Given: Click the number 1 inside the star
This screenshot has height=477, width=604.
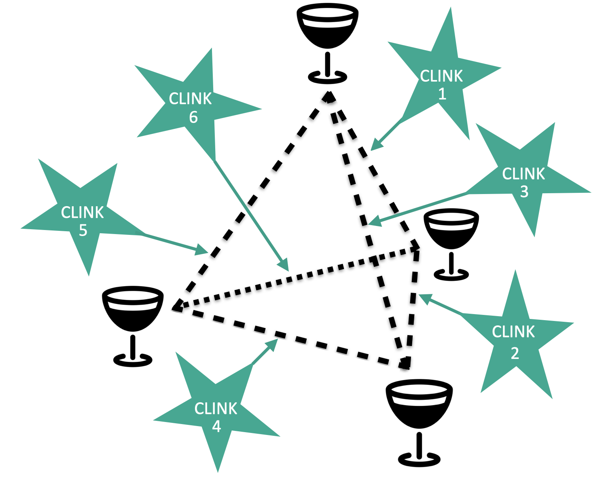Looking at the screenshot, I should point(442,94).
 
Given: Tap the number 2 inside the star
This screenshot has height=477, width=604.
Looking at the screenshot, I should point(515,353).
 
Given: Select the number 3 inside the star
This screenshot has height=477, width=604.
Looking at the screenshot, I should point(524,192).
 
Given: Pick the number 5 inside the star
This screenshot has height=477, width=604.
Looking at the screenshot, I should point(83,230).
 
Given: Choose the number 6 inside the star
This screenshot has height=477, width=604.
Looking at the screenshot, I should point(193,117).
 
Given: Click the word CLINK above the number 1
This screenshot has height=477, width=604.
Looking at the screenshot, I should point(441,76).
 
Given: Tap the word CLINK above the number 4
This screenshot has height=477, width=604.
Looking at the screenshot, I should point(216,409).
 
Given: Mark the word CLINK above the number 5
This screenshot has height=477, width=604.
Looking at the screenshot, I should point(83,213).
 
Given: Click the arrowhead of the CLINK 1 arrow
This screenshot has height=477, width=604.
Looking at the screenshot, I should point(375,146).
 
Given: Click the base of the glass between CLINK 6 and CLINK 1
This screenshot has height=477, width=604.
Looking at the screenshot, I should point(328,77).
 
